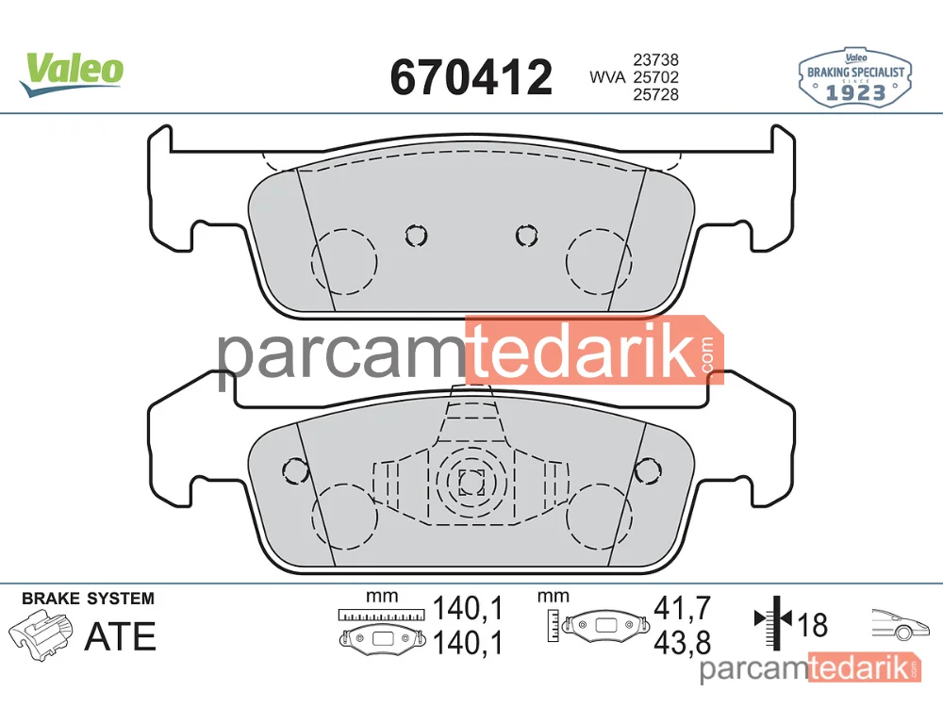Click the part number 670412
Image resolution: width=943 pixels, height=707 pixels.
471,77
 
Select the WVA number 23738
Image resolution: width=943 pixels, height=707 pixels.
655,59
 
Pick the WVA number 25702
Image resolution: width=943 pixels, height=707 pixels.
655,77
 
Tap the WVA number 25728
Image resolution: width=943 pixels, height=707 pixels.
655,94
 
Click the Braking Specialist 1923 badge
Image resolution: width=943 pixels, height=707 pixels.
855,78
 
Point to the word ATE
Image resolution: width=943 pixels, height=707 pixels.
121,636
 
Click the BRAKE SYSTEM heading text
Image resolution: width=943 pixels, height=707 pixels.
88,599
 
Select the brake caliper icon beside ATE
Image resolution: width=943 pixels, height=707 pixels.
41,634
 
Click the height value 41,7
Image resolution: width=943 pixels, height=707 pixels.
682,608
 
